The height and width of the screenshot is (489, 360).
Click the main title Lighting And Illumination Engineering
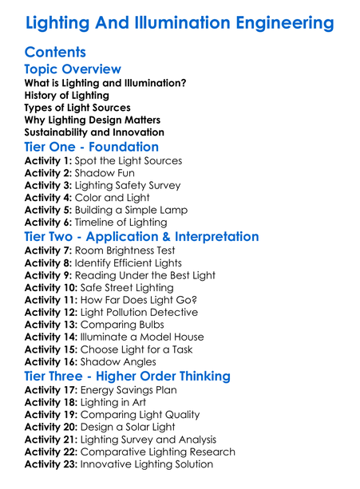tap(180, 22)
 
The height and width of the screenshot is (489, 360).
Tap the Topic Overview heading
tap(73, 69)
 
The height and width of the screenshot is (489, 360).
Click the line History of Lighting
tap(67, 96)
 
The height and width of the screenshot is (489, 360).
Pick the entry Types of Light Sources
tap(77, 108)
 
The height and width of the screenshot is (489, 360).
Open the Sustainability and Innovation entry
tap(94, 132)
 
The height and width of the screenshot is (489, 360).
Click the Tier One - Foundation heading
tap(92, 148)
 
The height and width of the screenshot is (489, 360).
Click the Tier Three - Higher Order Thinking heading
tap(127, 376)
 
